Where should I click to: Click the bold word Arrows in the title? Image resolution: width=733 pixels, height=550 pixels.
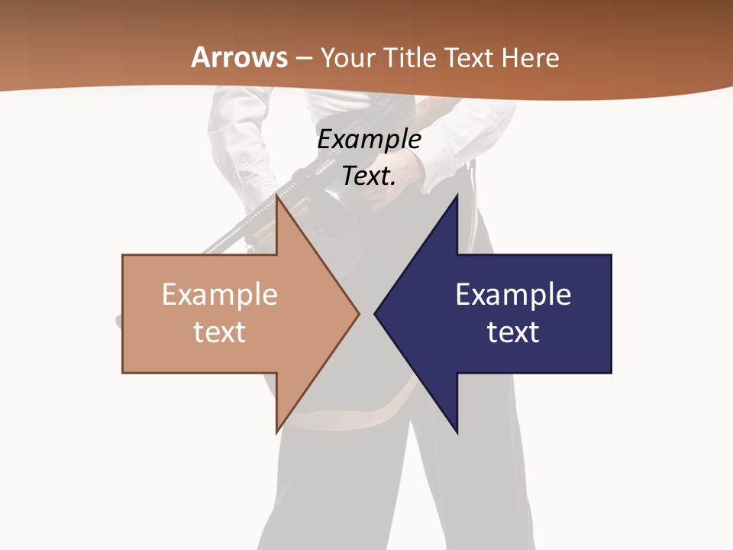pyautogui.click(x=240, y=57)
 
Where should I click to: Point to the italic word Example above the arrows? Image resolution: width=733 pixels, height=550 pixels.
pyautogui.click(x=369, y=140)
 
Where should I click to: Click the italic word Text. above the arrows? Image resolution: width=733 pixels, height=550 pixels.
pyautogui.click(x=369, y=176)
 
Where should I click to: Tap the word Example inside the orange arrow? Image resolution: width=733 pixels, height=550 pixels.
pyautogui.click(x=219, y=295)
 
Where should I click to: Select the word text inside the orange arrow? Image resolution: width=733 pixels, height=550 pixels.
pyautogui.click(x=219, y=332)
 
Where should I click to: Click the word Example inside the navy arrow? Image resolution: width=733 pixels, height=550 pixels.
pyautogui.click(x=513, y=295)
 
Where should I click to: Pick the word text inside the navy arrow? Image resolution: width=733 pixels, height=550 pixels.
pyautogui.click(x=513, y=332)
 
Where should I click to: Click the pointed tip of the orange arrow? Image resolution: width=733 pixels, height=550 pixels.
pyautogui.click(x=359, y=313)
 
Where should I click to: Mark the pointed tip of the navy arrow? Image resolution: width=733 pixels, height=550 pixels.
pyautogui.click(x=375, y=313)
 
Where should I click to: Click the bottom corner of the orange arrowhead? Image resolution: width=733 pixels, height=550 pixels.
pyautogui.click(x=277, y=432)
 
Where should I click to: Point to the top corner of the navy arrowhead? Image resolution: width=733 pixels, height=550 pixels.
pyautogui.click(x=457, y=196)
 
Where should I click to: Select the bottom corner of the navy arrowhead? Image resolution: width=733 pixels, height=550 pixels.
pyautogui.click(x=457, y=432)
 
